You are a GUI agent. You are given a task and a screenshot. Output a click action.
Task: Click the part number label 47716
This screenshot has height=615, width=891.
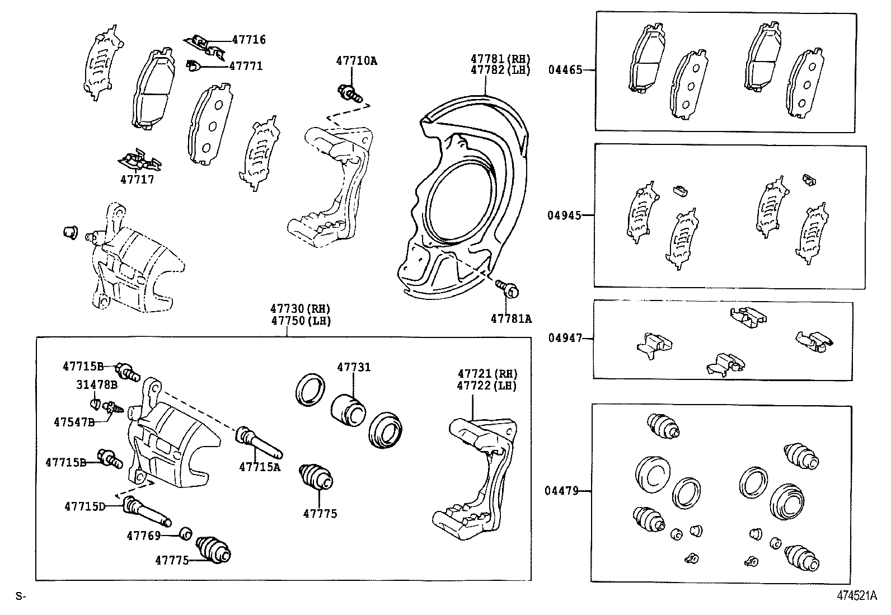click(x=249, y=40)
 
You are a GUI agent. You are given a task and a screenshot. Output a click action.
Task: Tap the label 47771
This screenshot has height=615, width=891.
click(x=246, y=66)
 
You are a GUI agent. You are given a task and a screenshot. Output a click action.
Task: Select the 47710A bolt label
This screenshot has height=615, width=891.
click(x=357, y=60)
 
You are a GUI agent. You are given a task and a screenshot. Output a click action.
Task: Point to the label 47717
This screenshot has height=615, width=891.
click(x=137, y=180)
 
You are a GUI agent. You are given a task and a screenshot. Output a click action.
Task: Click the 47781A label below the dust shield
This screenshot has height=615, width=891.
click(x=511, y=319)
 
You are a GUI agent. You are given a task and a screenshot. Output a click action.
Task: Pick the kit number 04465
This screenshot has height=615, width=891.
click(x=565, y=70)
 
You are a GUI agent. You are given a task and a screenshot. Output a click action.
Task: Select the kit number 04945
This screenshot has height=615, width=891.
click(x=565, y=215)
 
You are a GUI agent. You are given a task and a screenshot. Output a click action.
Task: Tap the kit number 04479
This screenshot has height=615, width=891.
click(x=561, y=491)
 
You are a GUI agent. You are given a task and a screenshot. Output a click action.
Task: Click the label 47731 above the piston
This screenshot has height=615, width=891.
click(x=354, y=367)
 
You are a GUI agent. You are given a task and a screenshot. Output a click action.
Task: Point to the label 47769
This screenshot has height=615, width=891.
click(x=144, y=536)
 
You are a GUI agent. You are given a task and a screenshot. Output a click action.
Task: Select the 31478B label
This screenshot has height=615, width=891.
click(x=97, y=385)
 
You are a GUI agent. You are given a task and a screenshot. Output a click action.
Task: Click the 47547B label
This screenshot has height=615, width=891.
click(x=74, y=421)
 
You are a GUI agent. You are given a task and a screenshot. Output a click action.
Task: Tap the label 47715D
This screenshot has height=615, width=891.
click(x=85, y=506)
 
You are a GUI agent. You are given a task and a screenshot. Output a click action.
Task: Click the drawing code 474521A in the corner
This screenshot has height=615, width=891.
click(x=856, y=596)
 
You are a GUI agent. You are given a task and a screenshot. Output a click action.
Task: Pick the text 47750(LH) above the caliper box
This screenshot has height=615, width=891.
click(x=301, y=321)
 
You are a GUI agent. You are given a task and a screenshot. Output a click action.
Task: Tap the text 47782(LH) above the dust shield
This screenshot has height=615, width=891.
click(x=500, y=71)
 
